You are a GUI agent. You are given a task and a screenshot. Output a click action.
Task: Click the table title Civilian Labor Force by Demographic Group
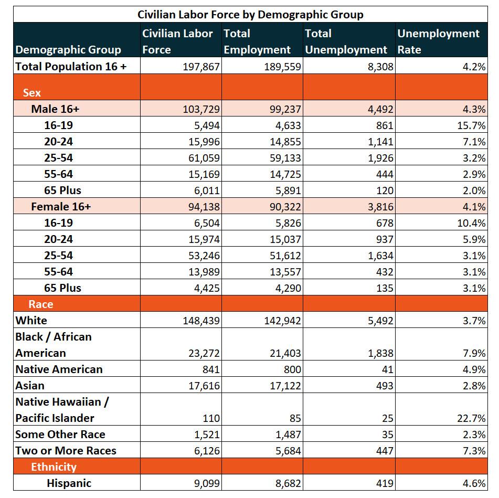point(250,15)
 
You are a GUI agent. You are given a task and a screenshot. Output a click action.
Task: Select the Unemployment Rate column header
point(438,41)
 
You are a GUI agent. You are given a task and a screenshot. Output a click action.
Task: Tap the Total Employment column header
point(257,41)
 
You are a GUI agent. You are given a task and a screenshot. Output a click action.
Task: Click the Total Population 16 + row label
point(71,67)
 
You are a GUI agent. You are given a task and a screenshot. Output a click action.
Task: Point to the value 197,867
point(201,67)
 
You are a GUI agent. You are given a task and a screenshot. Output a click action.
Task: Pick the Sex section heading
point(32,92)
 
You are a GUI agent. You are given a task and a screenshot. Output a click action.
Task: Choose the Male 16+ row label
point(55,109)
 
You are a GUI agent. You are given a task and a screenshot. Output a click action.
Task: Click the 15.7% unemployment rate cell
point(471,125)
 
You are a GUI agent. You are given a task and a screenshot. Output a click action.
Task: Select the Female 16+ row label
point(61,207)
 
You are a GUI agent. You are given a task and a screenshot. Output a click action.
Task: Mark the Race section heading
point(41,304)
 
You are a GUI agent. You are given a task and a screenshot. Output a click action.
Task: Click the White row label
point(31,321)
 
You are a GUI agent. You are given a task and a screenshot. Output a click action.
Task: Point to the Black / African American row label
point(54,345)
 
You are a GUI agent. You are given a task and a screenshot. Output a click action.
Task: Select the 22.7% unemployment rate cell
point(471,418)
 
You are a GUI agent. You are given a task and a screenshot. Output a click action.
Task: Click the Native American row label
point(59,369)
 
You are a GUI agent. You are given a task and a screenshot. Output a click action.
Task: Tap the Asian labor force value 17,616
point(204,386)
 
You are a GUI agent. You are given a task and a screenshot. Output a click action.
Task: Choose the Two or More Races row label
point(66,451)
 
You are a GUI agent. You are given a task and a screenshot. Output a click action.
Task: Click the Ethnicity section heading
point(54,467)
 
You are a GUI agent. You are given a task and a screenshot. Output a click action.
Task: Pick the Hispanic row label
point(69,483)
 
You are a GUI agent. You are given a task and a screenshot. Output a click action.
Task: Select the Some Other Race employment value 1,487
point(288,435)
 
